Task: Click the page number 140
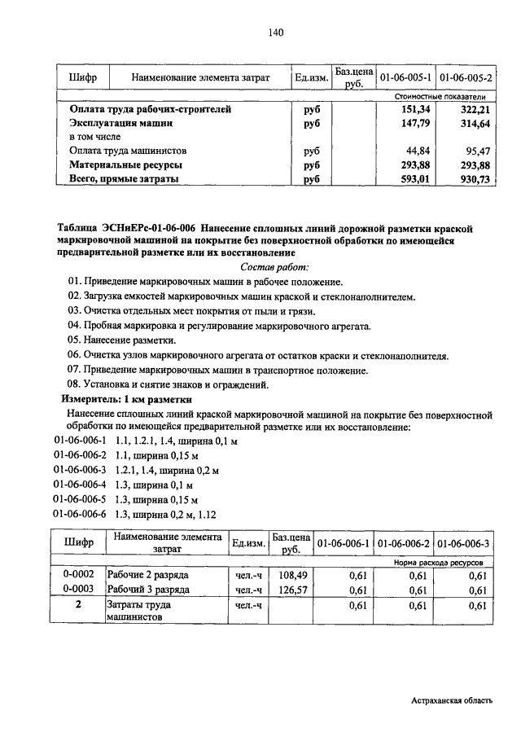click(274, 33)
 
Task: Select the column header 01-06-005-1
click(405, 78)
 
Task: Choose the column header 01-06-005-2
click(465, 78)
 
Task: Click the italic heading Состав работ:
click(275, 266)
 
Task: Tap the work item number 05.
click(75, 340)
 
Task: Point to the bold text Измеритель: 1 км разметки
click(127, 399)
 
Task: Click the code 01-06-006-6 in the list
click(81, 514)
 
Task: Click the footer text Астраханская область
click(452, 700)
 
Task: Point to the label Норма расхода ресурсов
click(439, 562)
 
